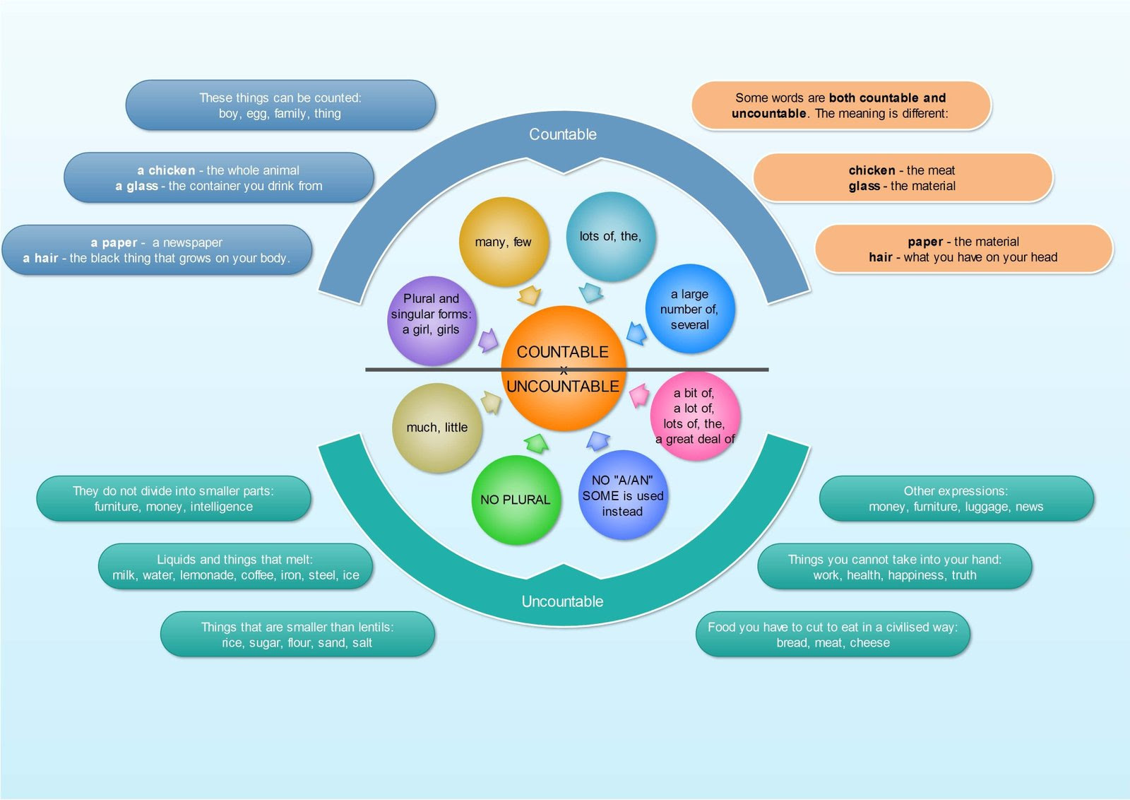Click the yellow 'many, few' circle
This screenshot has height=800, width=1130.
(504, 242)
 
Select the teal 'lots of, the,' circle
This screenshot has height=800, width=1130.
(610, 236)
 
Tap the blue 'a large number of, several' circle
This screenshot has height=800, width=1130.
(689, 308)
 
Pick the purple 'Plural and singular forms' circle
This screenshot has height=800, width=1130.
(432, 321)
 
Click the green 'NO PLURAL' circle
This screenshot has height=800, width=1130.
(516, 500)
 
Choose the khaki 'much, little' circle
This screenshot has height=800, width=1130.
(437, 428)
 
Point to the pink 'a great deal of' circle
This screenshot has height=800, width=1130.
(695, 416)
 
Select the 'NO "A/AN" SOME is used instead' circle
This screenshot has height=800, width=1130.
(622, 495)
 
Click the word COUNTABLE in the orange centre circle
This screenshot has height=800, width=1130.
(562, 352)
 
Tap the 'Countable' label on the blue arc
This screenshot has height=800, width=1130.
(562, 134)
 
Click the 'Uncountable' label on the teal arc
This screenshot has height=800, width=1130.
(562, 601)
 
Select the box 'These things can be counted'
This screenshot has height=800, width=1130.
(280, 105)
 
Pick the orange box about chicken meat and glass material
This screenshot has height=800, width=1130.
(903, 177)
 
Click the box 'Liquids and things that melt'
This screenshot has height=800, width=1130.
(236, 566)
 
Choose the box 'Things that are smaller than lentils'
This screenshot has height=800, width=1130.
(297, 635)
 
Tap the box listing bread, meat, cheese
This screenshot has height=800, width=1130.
(833, 635)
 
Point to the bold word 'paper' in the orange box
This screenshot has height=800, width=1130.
(925, 242)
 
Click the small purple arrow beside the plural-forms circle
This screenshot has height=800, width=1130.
(488, 340)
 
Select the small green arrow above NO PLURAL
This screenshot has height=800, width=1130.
(536, 443)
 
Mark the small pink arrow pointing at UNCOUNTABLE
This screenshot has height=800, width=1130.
(640, 395)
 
